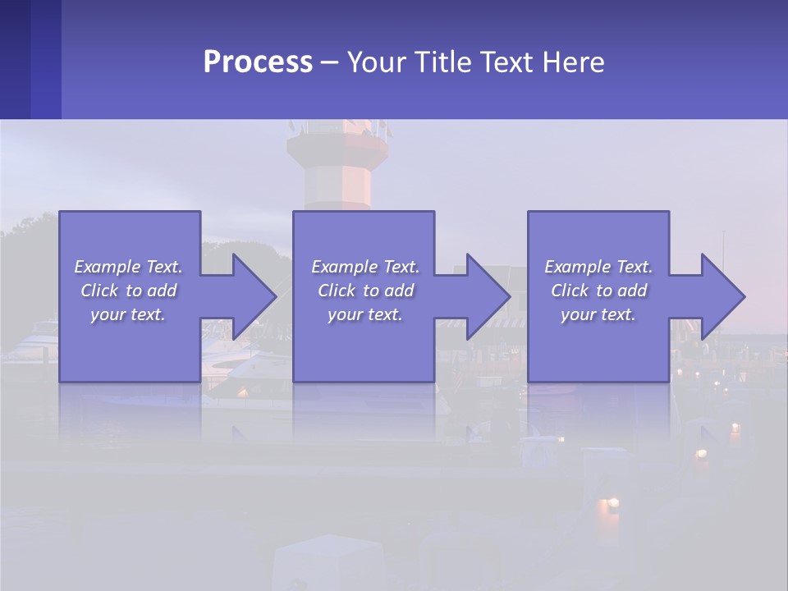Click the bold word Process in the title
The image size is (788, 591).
258,62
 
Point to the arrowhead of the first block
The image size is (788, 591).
254,296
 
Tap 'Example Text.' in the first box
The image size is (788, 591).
128,266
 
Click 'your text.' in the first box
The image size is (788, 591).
128,314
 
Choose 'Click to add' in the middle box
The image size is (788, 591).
365,291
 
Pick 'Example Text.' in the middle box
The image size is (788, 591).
365,266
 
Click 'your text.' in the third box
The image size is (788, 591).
598,314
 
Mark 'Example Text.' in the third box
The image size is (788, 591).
598,266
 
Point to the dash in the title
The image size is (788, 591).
330,62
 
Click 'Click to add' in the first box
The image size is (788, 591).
128,291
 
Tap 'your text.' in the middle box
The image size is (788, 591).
365,314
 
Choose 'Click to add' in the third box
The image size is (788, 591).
598,291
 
